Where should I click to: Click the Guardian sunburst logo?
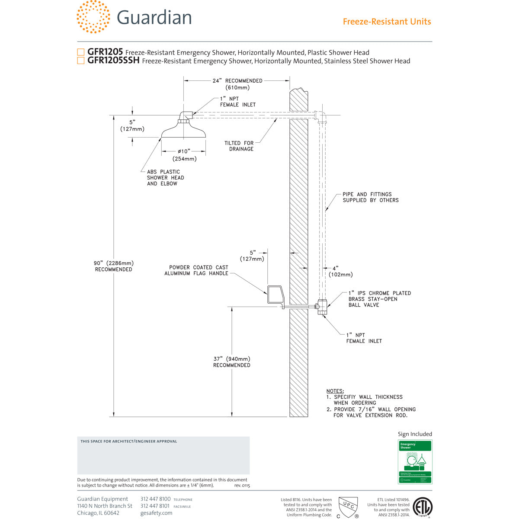click(x=93, y=17)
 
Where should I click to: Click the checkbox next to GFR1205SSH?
click(x=81, y=61)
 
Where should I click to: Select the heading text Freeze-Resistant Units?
click(x=387, y=22)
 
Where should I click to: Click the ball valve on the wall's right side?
click(x=322, y=307)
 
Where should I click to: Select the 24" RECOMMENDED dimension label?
click(x=237, y=84)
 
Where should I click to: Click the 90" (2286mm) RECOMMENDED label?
click(x=114, y=266)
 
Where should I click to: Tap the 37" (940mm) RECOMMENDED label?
click(x=232, y=362)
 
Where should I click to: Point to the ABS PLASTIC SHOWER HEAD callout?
click(x=165, y=178)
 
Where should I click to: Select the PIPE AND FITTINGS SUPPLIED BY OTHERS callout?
click(x=371, y=197)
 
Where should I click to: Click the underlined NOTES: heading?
click(x=335, y=391)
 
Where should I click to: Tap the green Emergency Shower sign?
click(x=415, y=462)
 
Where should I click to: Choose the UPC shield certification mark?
click(x=348, y=506)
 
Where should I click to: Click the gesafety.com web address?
click(x=156, y=513)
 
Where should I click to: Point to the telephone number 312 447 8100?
click(x=155, y=499)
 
